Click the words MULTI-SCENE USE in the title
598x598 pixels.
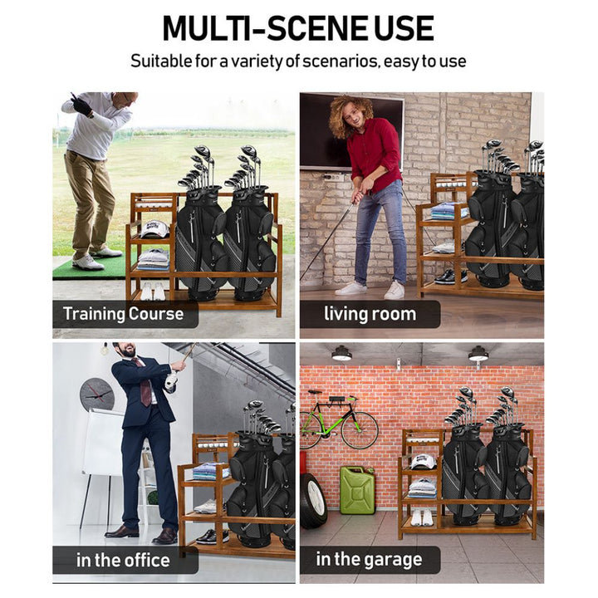[298, 28]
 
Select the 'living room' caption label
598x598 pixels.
[370, 314]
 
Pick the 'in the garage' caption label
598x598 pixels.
[369, 560]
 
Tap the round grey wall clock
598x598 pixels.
[97, 395]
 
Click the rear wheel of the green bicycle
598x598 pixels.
[360, 430]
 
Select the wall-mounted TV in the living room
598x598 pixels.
[350, 131]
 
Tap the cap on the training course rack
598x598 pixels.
[154, 229]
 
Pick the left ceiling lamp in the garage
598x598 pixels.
[341, 353]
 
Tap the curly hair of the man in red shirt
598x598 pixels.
[346, 115]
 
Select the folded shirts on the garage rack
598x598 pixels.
[422, 488]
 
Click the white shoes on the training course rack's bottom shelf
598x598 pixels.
[151, 292]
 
